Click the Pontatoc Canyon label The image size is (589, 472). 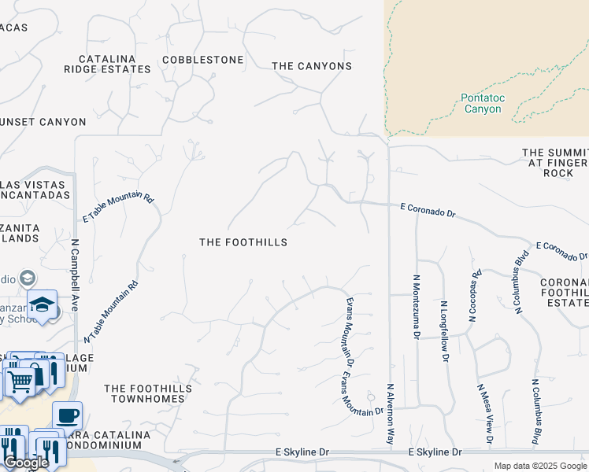coord(483,103)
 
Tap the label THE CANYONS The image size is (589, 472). coord(312,66)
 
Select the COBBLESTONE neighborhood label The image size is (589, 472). coord(202,60)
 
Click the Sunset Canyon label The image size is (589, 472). coord(43,122)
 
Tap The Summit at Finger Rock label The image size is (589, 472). coord(555,162)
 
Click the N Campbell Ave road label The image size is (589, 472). coord(76,275)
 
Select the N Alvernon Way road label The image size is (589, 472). coord(389,412)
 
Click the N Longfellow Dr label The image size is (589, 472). coord(444,330)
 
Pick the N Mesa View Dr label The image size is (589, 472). coord(484,414)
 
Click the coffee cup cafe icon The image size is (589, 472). coord(68,414)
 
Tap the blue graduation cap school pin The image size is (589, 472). coord(42,304)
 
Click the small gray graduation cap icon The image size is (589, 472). coord(28,278)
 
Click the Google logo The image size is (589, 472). coord(26,463)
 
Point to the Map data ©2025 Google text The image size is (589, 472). coord(539,466)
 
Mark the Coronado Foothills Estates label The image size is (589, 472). coord(564,292)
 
